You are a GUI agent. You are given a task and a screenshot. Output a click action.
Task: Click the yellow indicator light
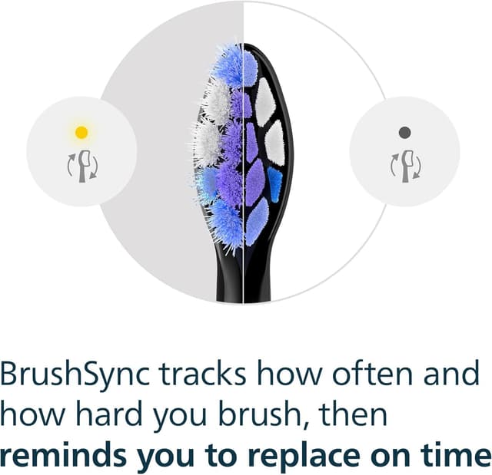point(81,132)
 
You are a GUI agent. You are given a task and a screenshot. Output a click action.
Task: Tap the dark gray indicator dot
point(404,132)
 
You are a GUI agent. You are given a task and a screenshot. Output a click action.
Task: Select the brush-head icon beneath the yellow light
point(81,164)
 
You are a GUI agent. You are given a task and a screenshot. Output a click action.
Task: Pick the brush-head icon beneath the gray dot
point(404,164)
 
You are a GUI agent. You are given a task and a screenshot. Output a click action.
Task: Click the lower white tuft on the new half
point(274,142)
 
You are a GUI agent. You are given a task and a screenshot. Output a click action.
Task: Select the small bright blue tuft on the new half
point(274,184)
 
